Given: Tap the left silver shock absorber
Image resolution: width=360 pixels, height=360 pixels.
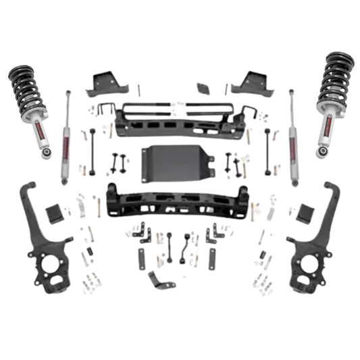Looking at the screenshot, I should point(69,132).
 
